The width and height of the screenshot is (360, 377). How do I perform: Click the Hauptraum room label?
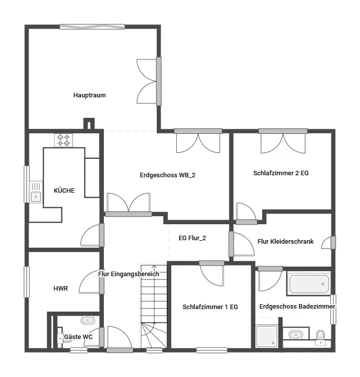point(89,95)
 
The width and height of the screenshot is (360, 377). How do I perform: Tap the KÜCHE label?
point(64,190)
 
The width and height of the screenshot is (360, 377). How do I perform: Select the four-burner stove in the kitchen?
point(63,140)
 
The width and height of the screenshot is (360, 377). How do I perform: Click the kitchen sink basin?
point(36,197)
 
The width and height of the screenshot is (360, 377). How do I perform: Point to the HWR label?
point(60,288)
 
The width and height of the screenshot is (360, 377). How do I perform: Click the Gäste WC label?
point(78,337)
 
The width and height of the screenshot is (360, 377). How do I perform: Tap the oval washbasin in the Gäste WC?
point(88,320)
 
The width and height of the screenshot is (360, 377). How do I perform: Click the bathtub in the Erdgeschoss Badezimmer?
point(309,284)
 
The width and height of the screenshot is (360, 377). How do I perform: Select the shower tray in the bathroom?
point(267,336)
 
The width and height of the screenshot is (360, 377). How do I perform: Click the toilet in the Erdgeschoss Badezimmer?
point(321,338)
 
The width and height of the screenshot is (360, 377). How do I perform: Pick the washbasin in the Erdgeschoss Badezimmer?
point(296,335)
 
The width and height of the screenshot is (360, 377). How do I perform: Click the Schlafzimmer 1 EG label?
point(210,307)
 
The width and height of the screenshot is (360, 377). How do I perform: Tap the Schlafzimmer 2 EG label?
point(281,173)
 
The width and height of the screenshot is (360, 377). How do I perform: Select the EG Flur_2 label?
point(192,238)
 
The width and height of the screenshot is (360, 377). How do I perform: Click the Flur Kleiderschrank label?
point(286,241)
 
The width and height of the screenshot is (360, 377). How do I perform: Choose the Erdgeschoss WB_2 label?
point(167,175)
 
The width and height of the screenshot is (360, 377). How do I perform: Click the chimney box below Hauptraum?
point(89,124)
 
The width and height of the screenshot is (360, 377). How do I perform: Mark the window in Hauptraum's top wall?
point(92,26)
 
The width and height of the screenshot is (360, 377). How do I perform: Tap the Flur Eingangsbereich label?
point(128,274)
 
